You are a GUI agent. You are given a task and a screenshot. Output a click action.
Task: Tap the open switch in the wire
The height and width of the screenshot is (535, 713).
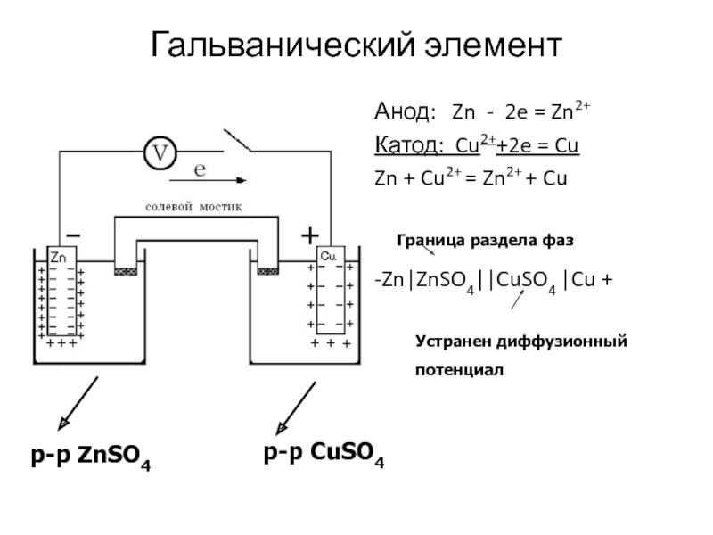coord(237,140)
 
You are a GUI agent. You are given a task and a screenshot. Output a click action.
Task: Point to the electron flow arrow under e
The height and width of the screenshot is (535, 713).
coord(208,181)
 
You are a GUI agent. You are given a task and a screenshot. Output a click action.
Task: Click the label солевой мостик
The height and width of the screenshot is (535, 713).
coord(193,207)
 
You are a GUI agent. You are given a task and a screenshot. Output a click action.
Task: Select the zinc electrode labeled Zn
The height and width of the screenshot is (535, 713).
coord(61,292)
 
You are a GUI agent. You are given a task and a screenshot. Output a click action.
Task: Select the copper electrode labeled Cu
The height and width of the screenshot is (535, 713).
coord(331,290)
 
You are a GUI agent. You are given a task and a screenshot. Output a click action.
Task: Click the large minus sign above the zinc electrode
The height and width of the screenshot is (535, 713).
coord(74,235)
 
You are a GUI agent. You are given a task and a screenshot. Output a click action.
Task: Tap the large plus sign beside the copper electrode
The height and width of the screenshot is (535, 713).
coord(310,235)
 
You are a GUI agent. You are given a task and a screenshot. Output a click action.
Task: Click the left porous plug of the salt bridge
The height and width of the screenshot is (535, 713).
coord(126,272)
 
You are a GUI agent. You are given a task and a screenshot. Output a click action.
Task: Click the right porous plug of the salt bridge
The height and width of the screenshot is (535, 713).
coord(268,271)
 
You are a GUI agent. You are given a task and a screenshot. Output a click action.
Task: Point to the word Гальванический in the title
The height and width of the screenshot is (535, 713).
coord(283,45)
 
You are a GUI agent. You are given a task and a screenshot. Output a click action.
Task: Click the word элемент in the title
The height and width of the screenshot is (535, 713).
coord(494,46)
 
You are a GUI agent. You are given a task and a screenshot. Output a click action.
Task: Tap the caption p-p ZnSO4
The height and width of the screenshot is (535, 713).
coord(91,457)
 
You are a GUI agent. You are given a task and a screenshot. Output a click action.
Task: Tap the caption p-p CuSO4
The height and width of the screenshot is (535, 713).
coord(324,454)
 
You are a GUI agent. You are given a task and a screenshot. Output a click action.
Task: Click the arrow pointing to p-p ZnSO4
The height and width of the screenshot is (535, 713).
coord(78,403)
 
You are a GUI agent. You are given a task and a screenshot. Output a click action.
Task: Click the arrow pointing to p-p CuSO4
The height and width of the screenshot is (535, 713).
coord(296,408)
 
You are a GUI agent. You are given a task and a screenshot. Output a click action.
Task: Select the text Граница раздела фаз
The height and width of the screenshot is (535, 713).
coord(485,240)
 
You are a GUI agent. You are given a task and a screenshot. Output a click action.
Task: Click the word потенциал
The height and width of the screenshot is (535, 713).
coord(459,370)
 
